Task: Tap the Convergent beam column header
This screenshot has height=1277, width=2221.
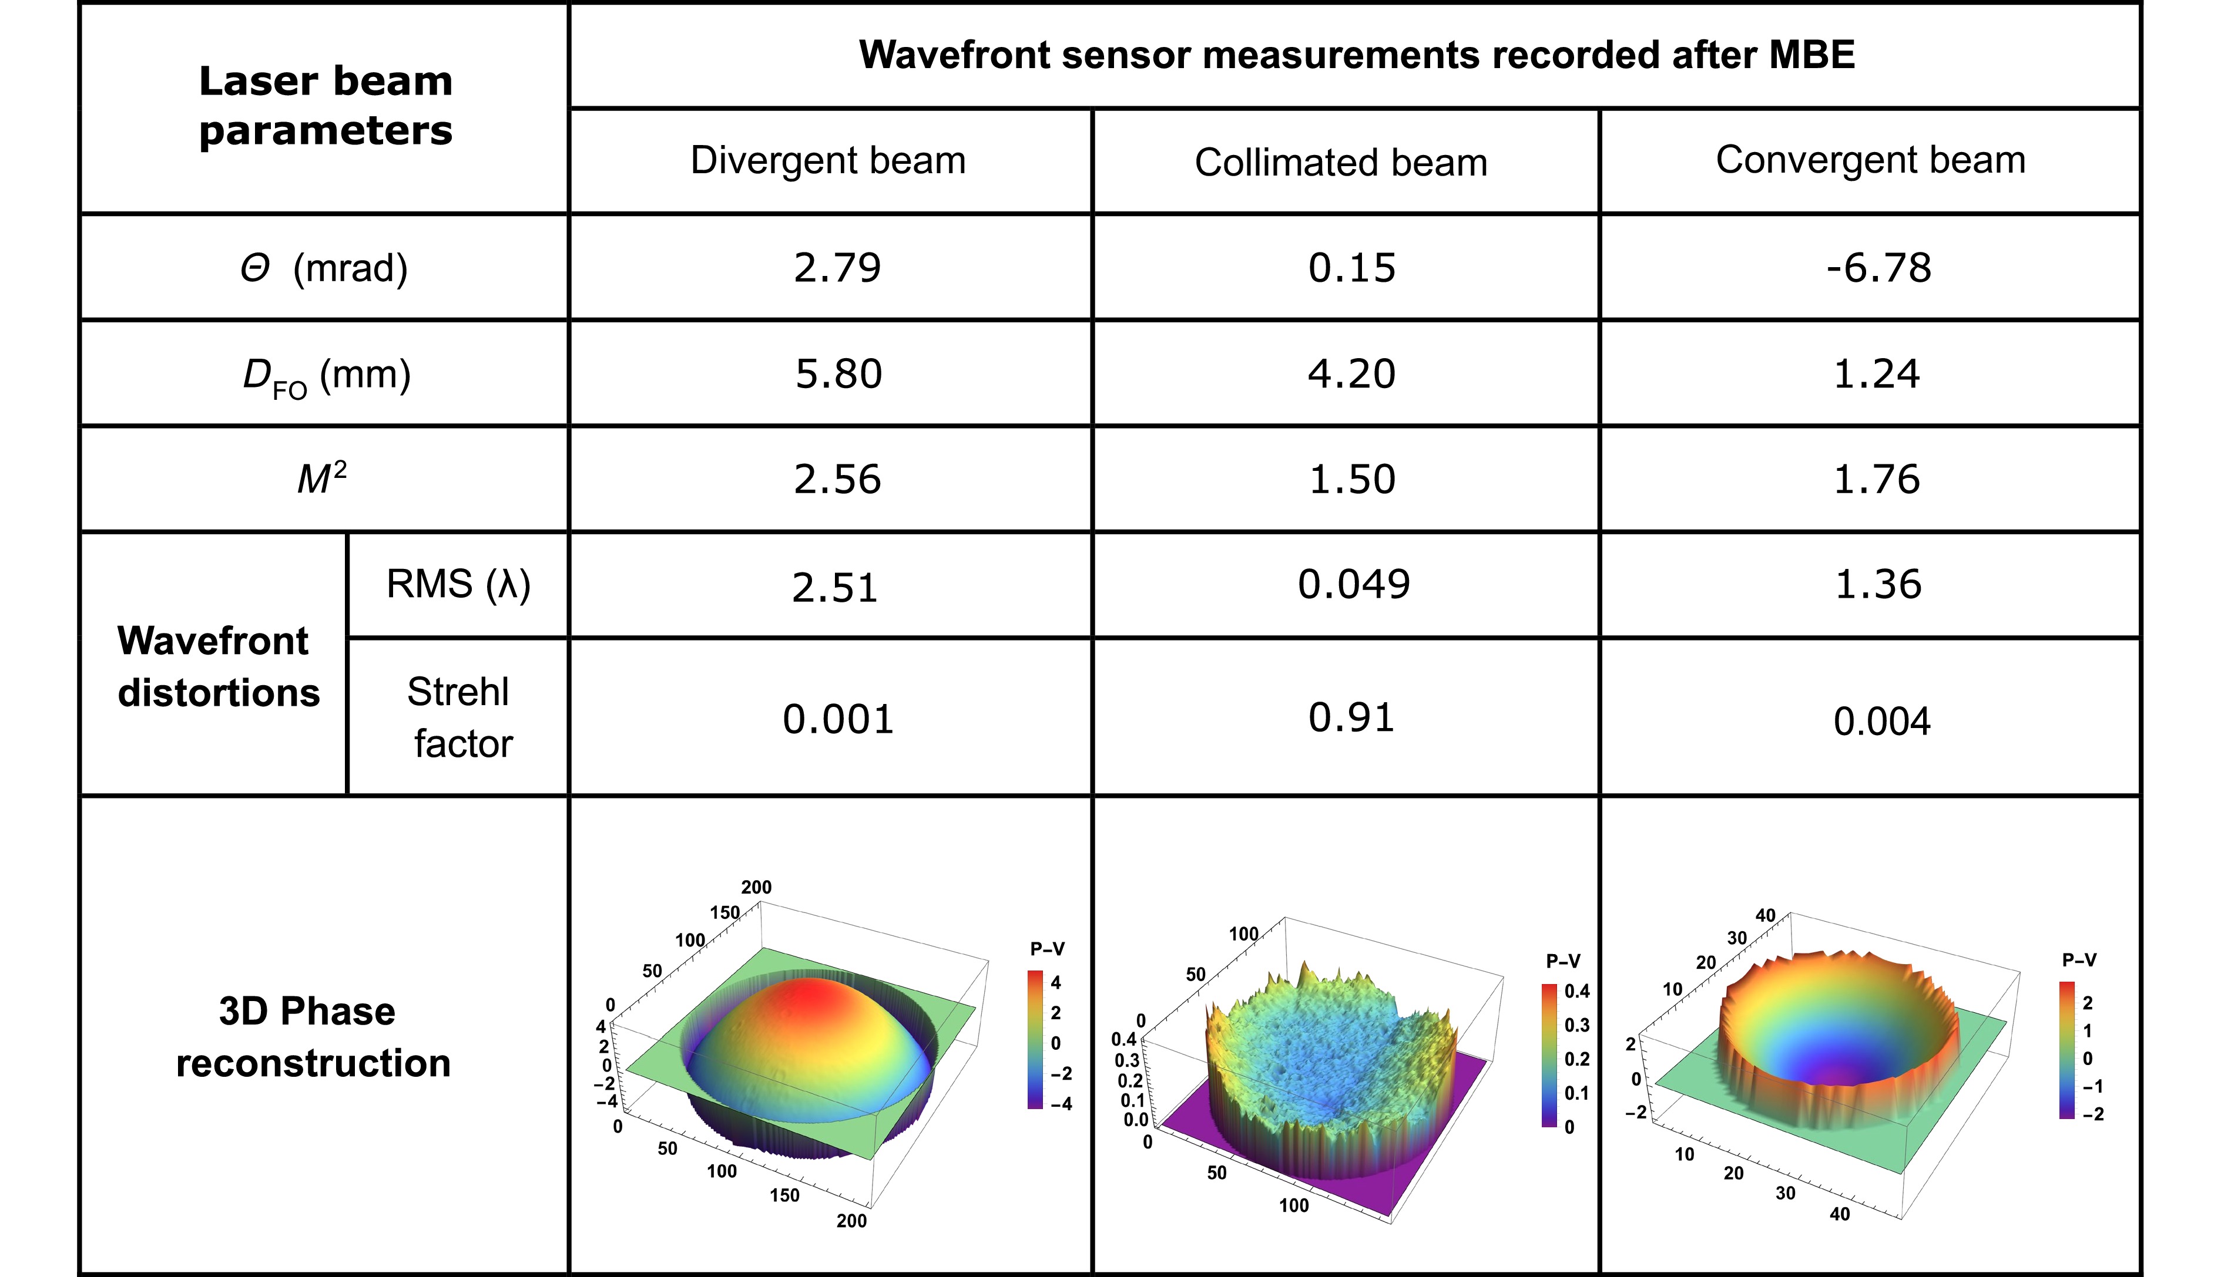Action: click(1870, 160)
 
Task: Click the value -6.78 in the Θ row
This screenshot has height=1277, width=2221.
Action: click(1879, 268)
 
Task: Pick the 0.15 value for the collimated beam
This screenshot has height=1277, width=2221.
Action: click(1351, 268)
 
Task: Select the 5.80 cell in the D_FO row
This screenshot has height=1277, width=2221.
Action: click(838, 373)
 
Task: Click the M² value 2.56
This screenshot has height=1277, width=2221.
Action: click(837, 480)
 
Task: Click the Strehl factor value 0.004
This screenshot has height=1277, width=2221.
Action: click(1881, 722)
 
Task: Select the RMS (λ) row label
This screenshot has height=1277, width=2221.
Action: click(458, 584)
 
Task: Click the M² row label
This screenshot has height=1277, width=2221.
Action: click(322, 479)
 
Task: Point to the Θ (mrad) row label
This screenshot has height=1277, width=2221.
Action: click(324, 268)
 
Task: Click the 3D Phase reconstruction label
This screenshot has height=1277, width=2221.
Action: click(313, 1037)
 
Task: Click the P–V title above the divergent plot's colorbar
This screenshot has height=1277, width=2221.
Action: click(1048, 949)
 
